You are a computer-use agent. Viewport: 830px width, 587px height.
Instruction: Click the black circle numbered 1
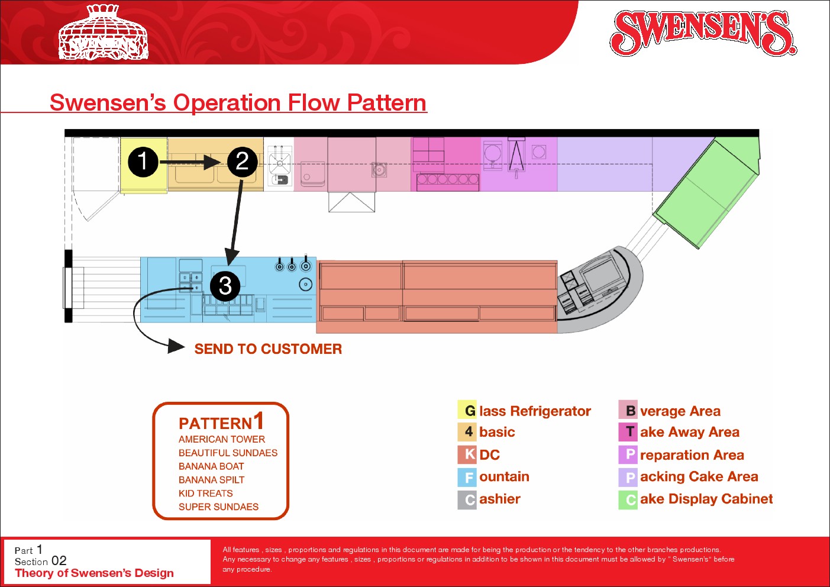click(143, 162)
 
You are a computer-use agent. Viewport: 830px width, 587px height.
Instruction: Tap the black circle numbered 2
click(242, 162)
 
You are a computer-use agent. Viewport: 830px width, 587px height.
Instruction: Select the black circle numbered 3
click(225, 286)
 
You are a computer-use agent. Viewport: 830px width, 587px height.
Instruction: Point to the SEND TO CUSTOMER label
click(268, 349)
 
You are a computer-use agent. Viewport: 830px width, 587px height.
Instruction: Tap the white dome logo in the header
click(104, 33)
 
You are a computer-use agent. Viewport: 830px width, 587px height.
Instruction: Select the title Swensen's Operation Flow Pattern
click(238, 102)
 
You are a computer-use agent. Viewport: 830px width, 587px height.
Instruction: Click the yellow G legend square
click(467, 410)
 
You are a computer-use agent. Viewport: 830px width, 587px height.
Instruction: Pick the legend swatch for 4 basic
click(467, 432)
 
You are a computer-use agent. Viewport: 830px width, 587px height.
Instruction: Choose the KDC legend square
click(467, 454)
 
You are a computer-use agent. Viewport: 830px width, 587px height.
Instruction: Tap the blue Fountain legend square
click(467, 477)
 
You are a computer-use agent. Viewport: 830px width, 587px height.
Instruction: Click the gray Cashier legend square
click(467, 499)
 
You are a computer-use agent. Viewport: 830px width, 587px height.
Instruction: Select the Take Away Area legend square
click(628, 432)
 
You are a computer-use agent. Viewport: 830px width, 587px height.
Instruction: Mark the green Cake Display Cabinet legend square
click(628, 499)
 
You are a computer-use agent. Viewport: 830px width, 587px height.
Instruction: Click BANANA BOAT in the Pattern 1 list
click(211, 466)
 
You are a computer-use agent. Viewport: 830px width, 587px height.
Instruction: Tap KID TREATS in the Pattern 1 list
click(206, 494)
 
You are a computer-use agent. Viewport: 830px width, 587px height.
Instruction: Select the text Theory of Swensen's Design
click(94, 573)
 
